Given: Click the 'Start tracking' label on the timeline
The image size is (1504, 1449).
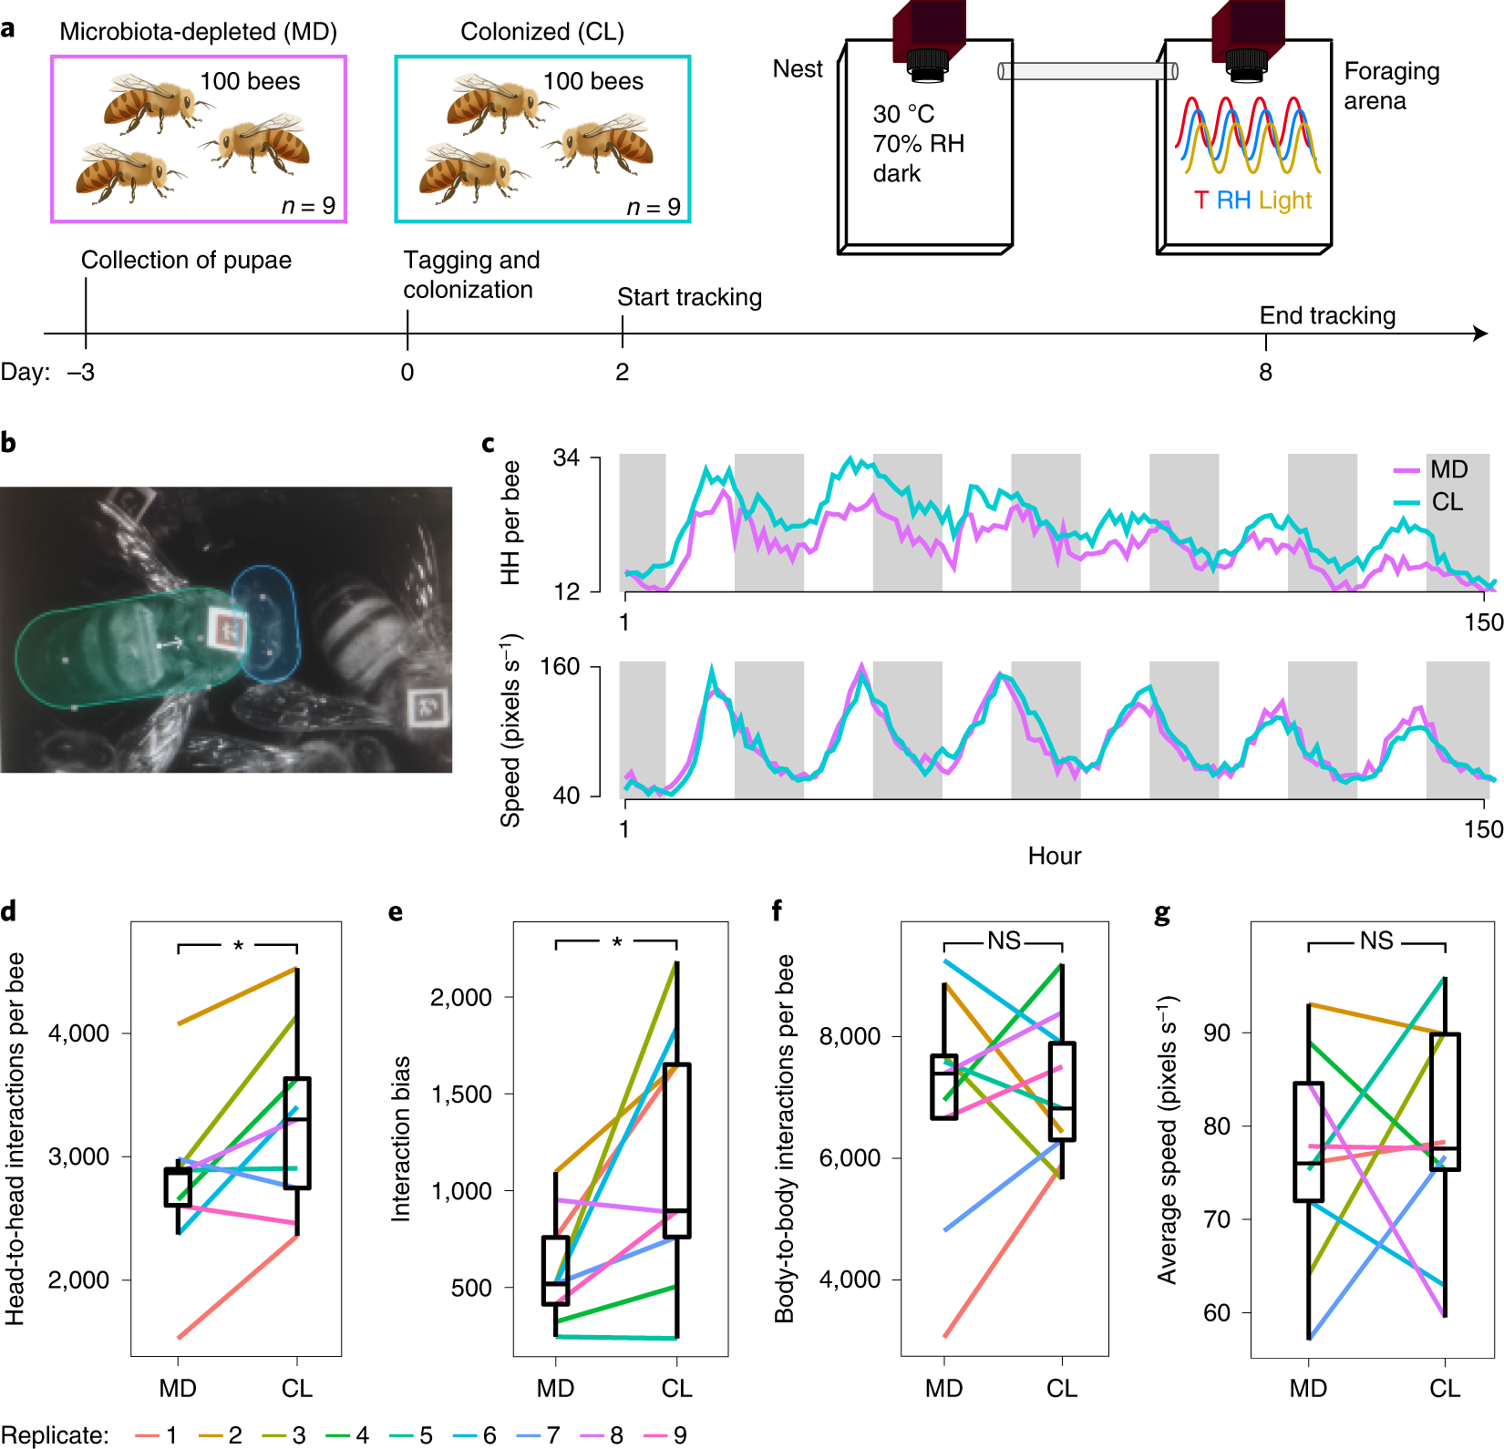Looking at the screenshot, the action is tap(689, 297).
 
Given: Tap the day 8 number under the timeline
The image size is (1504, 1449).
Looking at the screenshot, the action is tap(1265, 372).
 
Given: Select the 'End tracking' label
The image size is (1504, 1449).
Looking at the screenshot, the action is tap(1327, 315).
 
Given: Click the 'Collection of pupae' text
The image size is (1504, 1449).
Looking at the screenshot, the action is tap(186, 260).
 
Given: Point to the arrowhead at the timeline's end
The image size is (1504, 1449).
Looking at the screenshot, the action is tap(1481, 334).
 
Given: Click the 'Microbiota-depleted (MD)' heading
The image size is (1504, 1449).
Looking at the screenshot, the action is tap(198, 32).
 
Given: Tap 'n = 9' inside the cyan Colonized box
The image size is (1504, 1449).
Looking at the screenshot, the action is tap(654, 207).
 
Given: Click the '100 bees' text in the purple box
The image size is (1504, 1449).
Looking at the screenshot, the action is tap(250, 81).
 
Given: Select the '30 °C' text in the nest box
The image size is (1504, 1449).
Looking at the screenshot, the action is tap(903, 114).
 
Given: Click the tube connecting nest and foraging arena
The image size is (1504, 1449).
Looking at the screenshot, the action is tap(1087, 70).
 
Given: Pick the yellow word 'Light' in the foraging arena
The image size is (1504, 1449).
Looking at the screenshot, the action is tap(1284, 200).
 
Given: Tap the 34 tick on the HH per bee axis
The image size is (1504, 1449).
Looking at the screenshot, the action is tap(566, 457).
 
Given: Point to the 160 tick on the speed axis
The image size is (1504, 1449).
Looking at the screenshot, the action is tap(560, 666).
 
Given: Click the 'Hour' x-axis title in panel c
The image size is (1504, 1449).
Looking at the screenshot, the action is tap(1055, 856).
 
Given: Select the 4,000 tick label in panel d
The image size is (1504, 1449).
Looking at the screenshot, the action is tap(79, 1033).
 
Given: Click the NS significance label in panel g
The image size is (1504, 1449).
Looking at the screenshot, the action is tap(1376, 940).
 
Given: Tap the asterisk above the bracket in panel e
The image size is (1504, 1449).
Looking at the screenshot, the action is tap(617, 941).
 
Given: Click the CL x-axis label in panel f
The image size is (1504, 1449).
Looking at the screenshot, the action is tap(1062, 1388).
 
